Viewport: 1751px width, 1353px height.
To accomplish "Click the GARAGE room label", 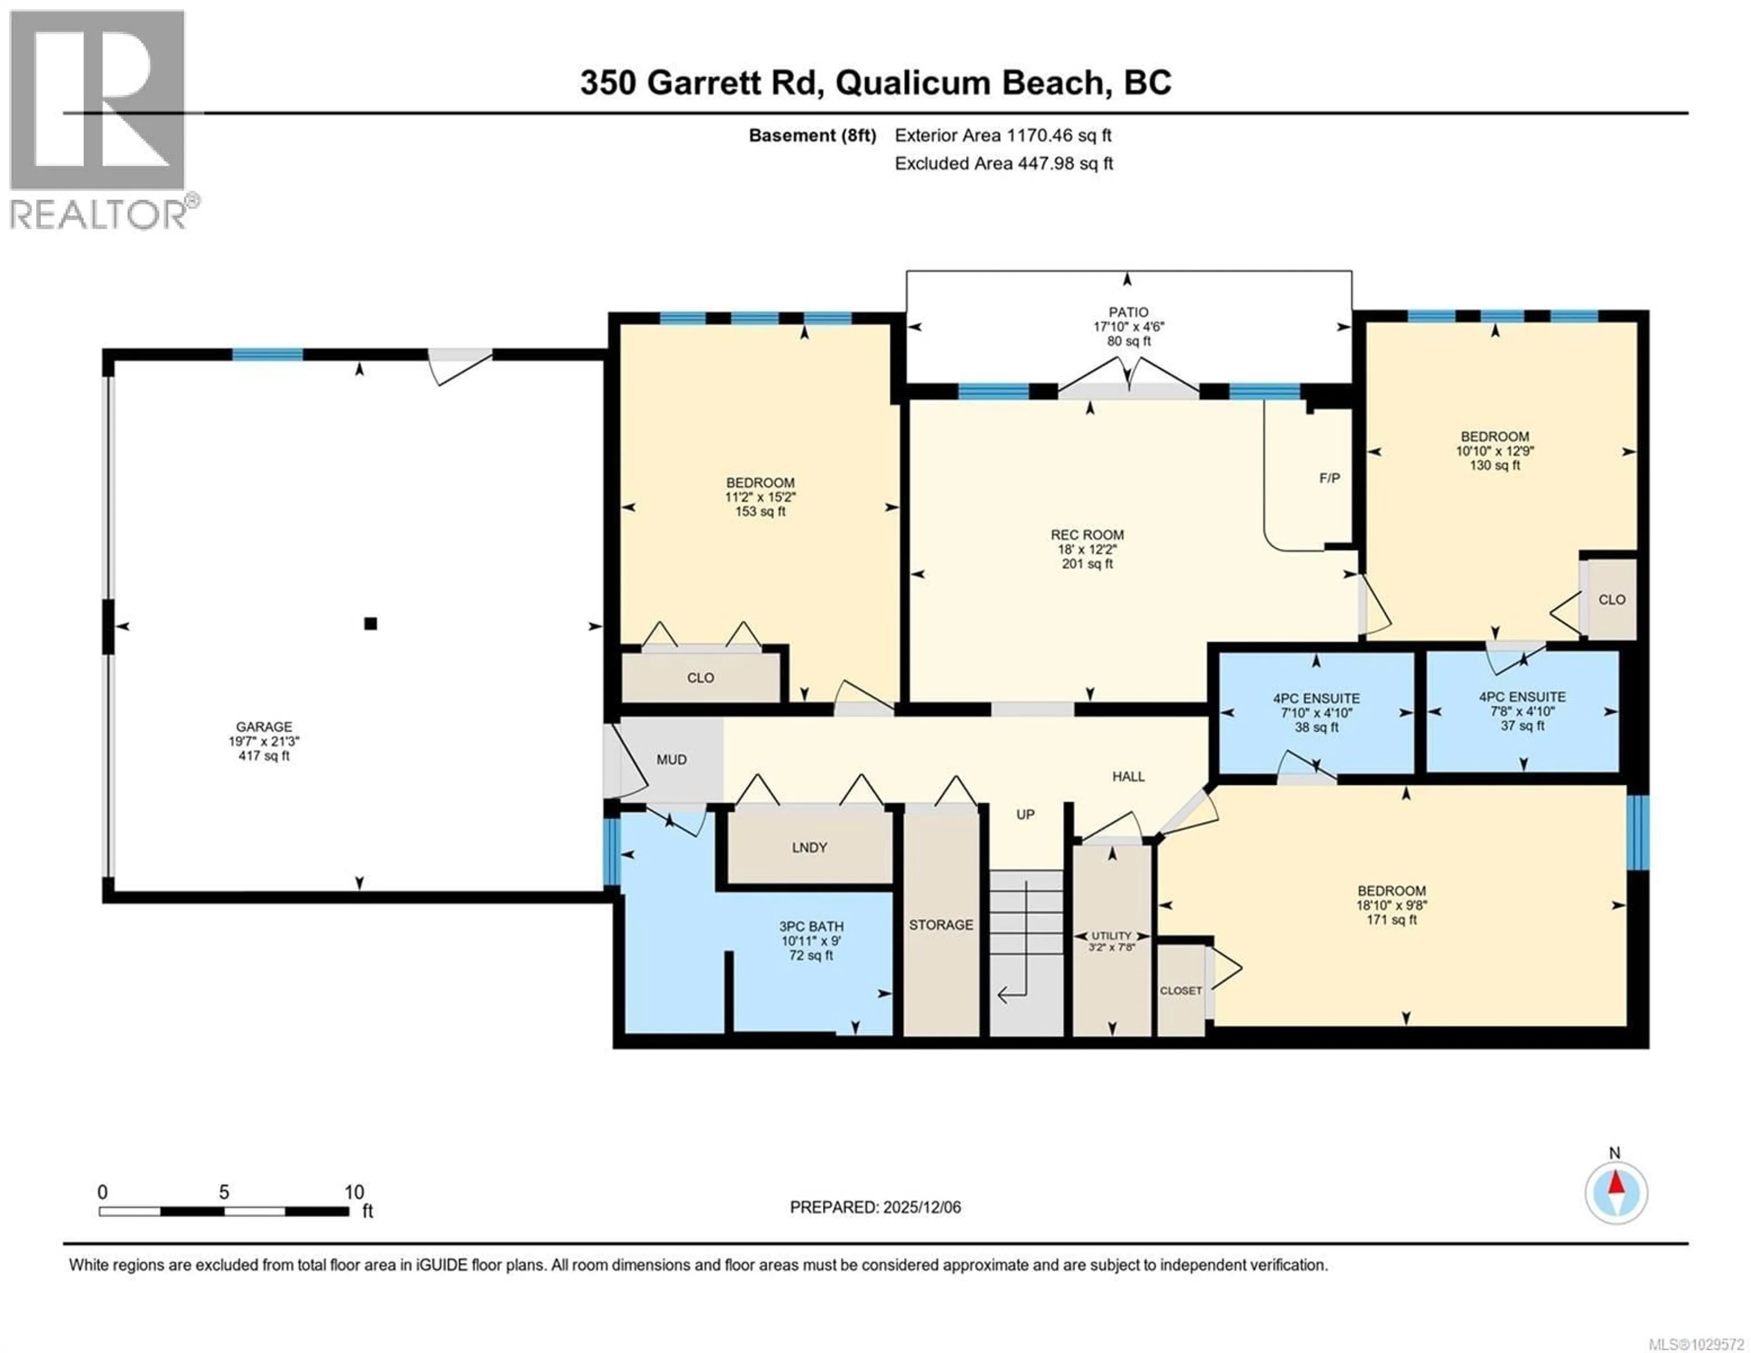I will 264,726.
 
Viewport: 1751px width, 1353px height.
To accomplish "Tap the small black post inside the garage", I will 370,623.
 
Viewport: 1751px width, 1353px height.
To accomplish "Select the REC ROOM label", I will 1087,535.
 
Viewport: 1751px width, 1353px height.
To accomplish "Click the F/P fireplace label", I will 1329,478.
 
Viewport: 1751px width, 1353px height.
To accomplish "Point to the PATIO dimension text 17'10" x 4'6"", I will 1128,327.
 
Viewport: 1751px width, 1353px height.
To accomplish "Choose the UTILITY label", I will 1111,935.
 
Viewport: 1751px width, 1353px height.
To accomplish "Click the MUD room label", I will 671,760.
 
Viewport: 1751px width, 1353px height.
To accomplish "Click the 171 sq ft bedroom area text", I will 1391,920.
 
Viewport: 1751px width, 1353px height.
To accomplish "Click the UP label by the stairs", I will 1026,814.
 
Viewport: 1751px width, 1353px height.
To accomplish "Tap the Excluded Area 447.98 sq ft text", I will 1004,164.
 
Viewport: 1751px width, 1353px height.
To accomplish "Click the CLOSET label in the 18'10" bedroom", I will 1181,990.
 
